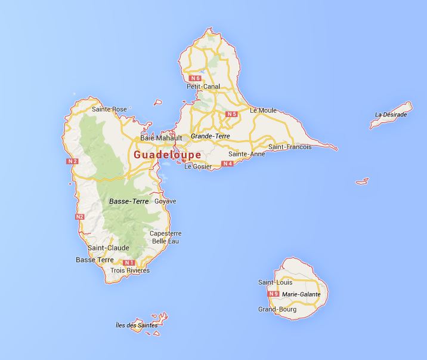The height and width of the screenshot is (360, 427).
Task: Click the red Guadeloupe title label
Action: (x=167, y=154)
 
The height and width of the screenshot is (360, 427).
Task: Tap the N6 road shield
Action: (x=194, y=78)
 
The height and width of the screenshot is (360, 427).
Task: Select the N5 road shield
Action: (x=231, y=114)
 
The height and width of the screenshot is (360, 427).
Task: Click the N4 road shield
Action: (x=227, y=163)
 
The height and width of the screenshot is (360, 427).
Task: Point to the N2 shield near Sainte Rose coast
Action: (x=73, y=161)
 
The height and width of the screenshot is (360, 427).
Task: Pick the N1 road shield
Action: (x=128, y=263)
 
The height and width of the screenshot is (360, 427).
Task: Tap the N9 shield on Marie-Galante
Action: (x=274, y=294)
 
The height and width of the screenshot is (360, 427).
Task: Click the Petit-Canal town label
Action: (x=203, y=87)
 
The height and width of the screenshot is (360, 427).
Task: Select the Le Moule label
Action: (x=263, y=110)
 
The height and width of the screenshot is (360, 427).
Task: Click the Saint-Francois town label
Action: (x=290, y=147)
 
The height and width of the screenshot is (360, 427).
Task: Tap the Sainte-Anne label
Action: (x=246, y=154)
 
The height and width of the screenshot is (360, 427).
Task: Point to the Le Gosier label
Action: (x=197, y=167)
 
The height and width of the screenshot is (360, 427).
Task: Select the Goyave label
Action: (x=165, y=201)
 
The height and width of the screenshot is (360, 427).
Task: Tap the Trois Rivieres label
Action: (x=130, y=270)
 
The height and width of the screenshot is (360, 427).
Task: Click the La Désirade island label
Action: (x=391, y=115)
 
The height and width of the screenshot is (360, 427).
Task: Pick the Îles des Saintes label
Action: (x=137, y=325)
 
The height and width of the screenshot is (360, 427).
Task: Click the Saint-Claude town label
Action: (x=104, y=248)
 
